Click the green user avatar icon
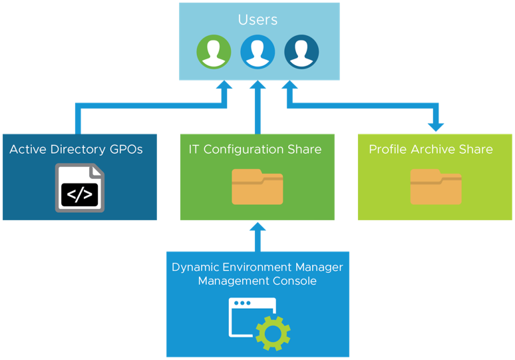click(x=214, y=51)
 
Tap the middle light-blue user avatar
click(x=257, y=51)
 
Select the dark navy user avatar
click(x=301, y=51)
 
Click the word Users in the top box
click(x=257, y=20)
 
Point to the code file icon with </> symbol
click(x=80, y=188)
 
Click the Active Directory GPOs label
click(x=76, y=150)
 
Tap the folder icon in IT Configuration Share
click(x=257, y=187)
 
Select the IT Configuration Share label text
click(x=256, y=150)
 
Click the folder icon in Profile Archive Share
click(x=436, y=187)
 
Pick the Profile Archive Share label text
click(x=430, y=150)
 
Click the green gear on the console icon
click(x=273, y=333)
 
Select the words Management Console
click(x=257, y=281)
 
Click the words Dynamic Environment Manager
click(x=257, y=268)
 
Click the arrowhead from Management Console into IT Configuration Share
click(x=257, y=227)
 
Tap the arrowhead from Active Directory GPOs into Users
click(x=224, y=86)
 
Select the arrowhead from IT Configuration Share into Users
click(x=257, y=86)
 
